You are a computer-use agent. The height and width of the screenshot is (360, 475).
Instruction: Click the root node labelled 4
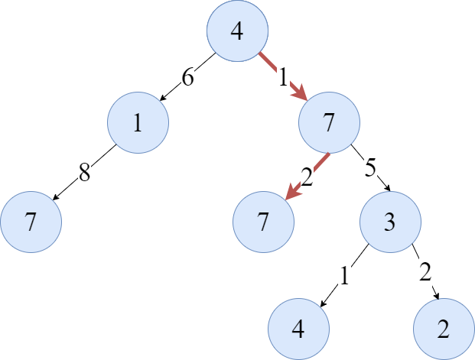click(237, 31)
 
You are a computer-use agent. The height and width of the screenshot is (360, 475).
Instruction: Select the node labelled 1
click(138, 122)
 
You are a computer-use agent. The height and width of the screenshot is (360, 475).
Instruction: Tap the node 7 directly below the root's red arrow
click(330, 122)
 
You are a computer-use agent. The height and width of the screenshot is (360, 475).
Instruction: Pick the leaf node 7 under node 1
click(31, 222)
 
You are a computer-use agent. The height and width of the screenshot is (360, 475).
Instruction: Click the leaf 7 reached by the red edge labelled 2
click(263, 222)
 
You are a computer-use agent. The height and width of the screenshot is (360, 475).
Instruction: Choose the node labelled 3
click(390, 222)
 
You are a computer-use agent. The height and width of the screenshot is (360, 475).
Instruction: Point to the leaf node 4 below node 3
click(298, 329)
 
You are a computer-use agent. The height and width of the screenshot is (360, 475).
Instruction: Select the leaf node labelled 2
click(444, 329)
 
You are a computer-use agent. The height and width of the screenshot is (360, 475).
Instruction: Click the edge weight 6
click(187, 77)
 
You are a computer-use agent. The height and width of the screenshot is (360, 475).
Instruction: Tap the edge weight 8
click(84, 172)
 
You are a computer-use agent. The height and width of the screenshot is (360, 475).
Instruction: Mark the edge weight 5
click(370, 167)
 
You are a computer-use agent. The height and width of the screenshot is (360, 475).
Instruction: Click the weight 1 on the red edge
click(283, 77)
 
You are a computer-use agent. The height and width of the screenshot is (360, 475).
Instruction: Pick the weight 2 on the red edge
click(307, 177)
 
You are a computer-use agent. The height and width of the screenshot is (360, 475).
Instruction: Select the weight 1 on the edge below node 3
click(344, 275)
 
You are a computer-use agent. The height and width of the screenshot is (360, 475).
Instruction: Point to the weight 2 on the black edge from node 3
click(425, 271)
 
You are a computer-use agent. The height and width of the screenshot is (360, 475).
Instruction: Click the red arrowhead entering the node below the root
click(300, 92)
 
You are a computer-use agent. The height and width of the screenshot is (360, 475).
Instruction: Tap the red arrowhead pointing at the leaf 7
click(293, 193)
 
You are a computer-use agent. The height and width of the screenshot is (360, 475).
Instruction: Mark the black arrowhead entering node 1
click(163, 98)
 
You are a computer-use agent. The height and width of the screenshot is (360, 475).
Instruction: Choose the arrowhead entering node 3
click(387, 188)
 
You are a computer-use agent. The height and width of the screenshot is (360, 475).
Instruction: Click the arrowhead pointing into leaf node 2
click(437, 296)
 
